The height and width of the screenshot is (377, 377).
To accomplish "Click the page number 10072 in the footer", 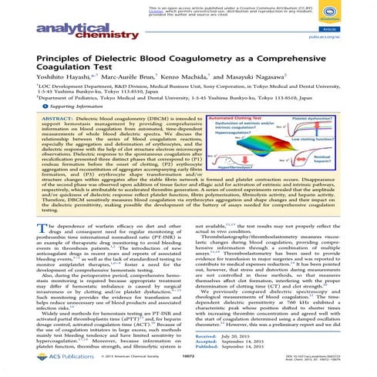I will (x=188, y=363).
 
